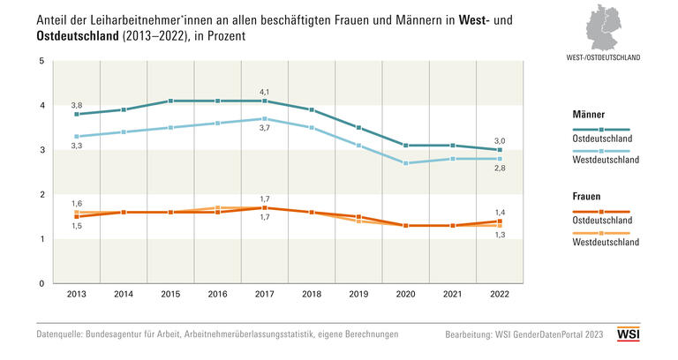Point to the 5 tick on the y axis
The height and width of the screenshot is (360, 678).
(41, 61)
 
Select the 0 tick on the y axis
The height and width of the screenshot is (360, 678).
(41, 283)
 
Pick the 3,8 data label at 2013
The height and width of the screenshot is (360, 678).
(77, 104)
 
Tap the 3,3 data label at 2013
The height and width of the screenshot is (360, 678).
(77, 146)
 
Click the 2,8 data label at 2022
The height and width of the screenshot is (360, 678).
(499, 168)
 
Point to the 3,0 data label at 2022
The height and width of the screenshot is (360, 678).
(499, 141)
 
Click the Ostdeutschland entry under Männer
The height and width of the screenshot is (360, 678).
(602, 139)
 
